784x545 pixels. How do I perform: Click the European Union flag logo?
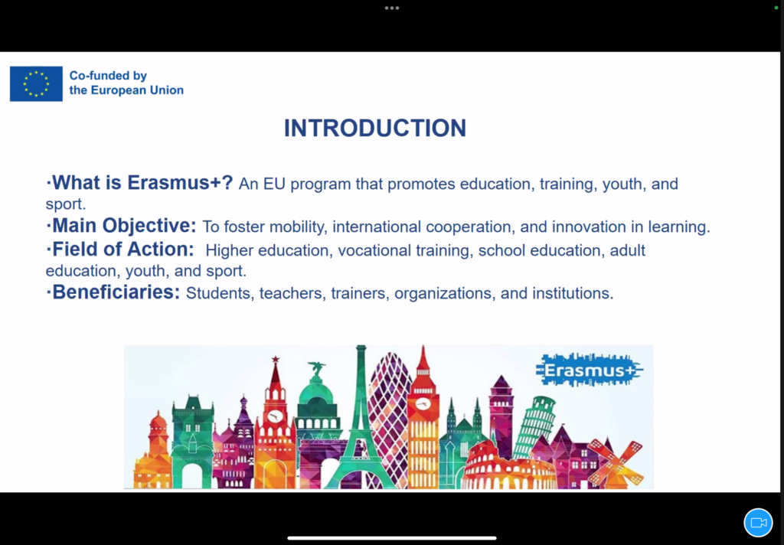[x=36, y=84]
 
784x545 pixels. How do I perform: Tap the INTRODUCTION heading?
[x=375, y=128]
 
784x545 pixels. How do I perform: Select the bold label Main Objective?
[x=124, y=226]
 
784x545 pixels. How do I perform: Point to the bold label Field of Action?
[x=123, y=249]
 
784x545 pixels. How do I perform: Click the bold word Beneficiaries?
[x=116, y=292]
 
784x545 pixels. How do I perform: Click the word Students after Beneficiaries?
[x=220, y=293]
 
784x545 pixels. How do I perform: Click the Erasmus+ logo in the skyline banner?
[x=590, y=370]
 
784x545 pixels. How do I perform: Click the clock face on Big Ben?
[x=423, y=404]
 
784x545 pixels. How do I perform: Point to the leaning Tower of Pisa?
[x=533, y=425]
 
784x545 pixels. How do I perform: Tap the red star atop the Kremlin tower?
[x=276, y=359]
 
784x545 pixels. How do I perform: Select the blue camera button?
[x=758, y=523]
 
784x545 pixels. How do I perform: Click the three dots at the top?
[x=392, y=8]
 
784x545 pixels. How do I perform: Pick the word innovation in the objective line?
[x=589, y=227]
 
